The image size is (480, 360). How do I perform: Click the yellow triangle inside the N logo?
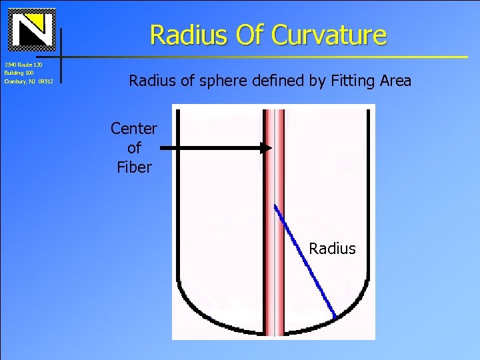[x=39, y=23]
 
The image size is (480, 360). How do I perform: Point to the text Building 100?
[x=19, y=73]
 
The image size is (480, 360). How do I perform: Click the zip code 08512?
[x=46, y=81]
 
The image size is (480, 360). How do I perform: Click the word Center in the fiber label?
[x=134, y=128]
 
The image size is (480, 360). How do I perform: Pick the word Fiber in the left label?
[x=134, y=167]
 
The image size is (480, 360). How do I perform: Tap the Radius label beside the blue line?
[x=332, y=249]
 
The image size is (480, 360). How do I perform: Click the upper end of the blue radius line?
[x=275, y=205]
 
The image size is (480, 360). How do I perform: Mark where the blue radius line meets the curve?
[x=335, y=317]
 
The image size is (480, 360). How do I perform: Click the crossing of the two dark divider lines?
[x=61, y=57]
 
